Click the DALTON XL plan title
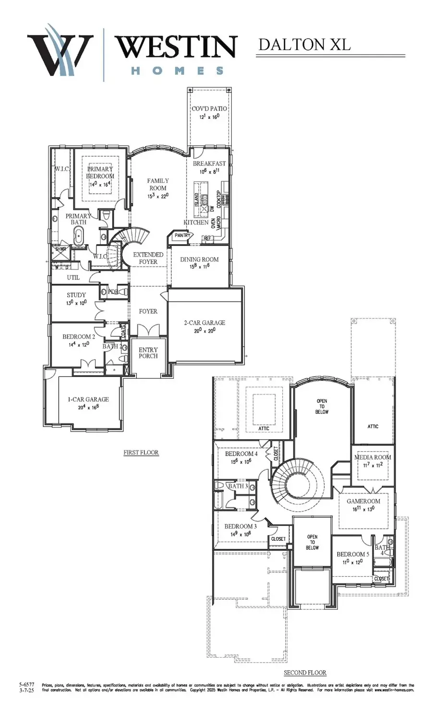pos(304,44)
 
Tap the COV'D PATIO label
pos(209,109)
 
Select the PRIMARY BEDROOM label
pos(100,173)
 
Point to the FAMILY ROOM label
pos(158,184)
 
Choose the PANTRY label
pos(182,235)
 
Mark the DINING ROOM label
pos(199,259)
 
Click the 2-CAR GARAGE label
pos(204,323)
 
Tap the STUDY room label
pos(76,295)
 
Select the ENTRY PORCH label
pos(148,353)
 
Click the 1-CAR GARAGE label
pos(88,399)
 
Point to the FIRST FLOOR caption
pos(141,452)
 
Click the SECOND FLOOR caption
pos(305,673)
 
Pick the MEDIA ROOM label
pos(372,457)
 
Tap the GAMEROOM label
pos(363,501)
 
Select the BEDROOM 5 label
pos(353,554)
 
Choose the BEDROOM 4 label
pos(241,454)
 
